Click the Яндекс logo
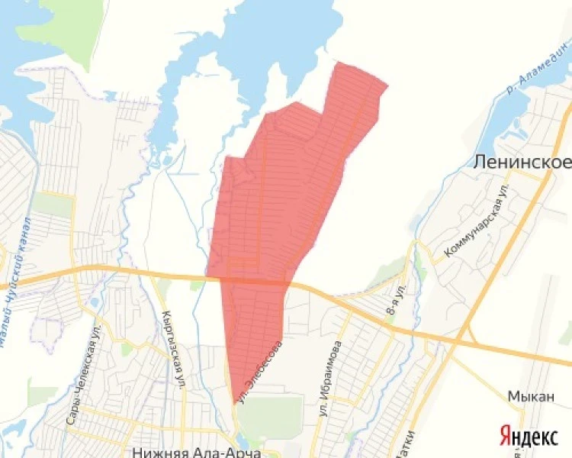(529, 437)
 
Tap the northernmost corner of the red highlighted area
(338, 63)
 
